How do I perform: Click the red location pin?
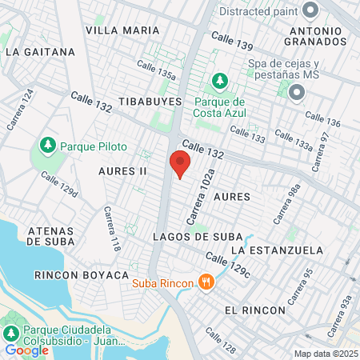tap(180, 164)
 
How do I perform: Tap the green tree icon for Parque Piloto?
tap(48, 146)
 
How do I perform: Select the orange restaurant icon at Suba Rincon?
tap(207, 282)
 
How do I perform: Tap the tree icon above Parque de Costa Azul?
tap(219, 82)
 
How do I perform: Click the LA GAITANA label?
tap(40, 51)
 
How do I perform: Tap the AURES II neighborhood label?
tap(122, 171)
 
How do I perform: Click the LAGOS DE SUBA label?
tap(192, 237)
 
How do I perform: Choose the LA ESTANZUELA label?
tap(277, 250)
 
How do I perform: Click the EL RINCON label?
tap(254, 310)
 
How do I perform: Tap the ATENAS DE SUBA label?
tap(51, 236)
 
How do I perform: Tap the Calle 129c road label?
tap(228, 266)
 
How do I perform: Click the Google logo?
tap(22, 350)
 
